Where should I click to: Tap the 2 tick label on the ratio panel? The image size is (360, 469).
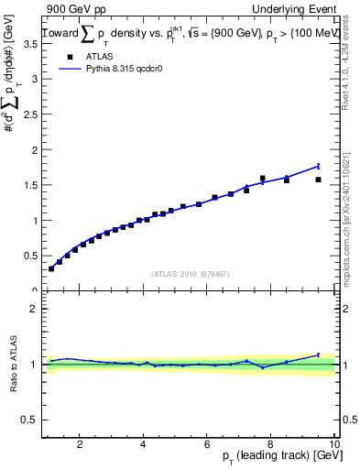coord(32,309)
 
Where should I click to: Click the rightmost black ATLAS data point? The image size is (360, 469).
coord(318,180)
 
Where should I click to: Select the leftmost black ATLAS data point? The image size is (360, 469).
coord(51,268)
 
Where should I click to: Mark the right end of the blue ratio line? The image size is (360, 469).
coord(318,354)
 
